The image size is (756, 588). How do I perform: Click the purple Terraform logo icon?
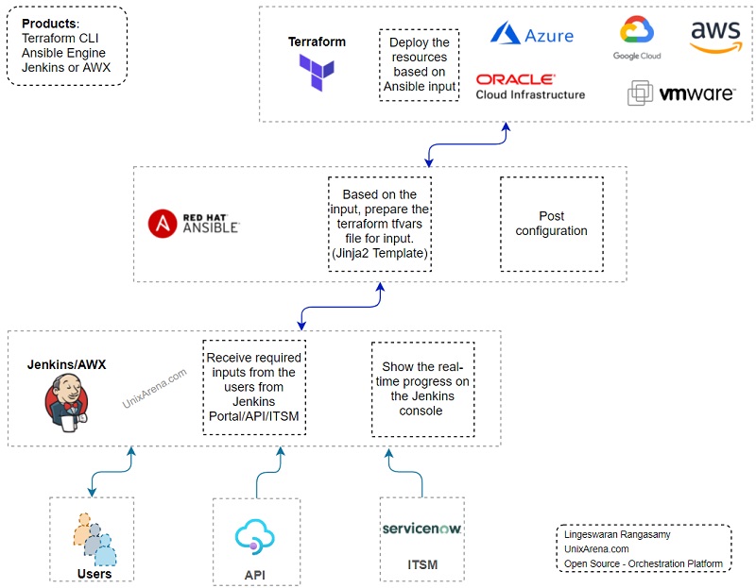[317, 73]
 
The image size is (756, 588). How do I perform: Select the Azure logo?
[532, 33]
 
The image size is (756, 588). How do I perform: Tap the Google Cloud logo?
[637, 38]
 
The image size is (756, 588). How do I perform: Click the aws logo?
[715, 37]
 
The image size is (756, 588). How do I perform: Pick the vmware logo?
[681, 92]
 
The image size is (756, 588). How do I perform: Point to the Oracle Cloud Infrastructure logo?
[530, 87]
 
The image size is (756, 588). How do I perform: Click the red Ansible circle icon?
[163, 224]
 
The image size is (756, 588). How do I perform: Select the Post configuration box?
[552, 224]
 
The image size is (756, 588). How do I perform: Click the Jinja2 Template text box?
[380, 224]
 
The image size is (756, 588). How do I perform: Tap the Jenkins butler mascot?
[66, 403]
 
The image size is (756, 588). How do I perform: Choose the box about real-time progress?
[422, 389]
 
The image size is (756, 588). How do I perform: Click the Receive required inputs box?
[254, 387]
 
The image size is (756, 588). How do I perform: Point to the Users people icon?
[94, 539]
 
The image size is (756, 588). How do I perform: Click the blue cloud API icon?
[254, 536]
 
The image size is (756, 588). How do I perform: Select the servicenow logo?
[421, 529]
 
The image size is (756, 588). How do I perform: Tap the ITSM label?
[422, 564]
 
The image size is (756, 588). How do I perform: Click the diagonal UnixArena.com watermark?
[154, 388]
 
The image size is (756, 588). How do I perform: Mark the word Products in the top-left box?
[49, 24]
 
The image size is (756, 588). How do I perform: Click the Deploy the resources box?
[419, 64]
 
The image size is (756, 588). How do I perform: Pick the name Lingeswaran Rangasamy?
[617, 534]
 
